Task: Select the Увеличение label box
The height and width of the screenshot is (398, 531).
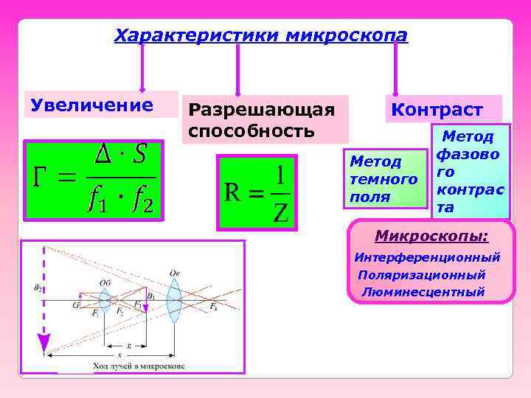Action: pos(92,105)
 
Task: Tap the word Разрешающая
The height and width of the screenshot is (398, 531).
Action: pos(262,110)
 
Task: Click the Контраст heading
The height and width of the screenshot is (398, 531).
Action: pos(437,110)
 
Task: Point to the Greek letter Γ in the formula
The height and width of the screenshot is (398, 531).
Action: pos(44,177)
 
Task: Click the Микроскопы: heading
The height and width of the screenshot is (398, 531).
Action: pos(431,237)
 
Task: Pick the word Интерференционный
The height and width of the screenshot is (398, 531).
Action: pos(427,258)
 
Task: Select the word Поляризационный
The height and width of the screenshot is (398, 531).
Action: pos(422,275)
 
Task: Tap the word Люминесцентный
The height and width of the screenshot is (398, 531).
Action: pos(423,292)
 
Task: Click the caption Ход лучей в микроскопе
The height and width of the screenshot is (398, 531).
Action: pos(139,366)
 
